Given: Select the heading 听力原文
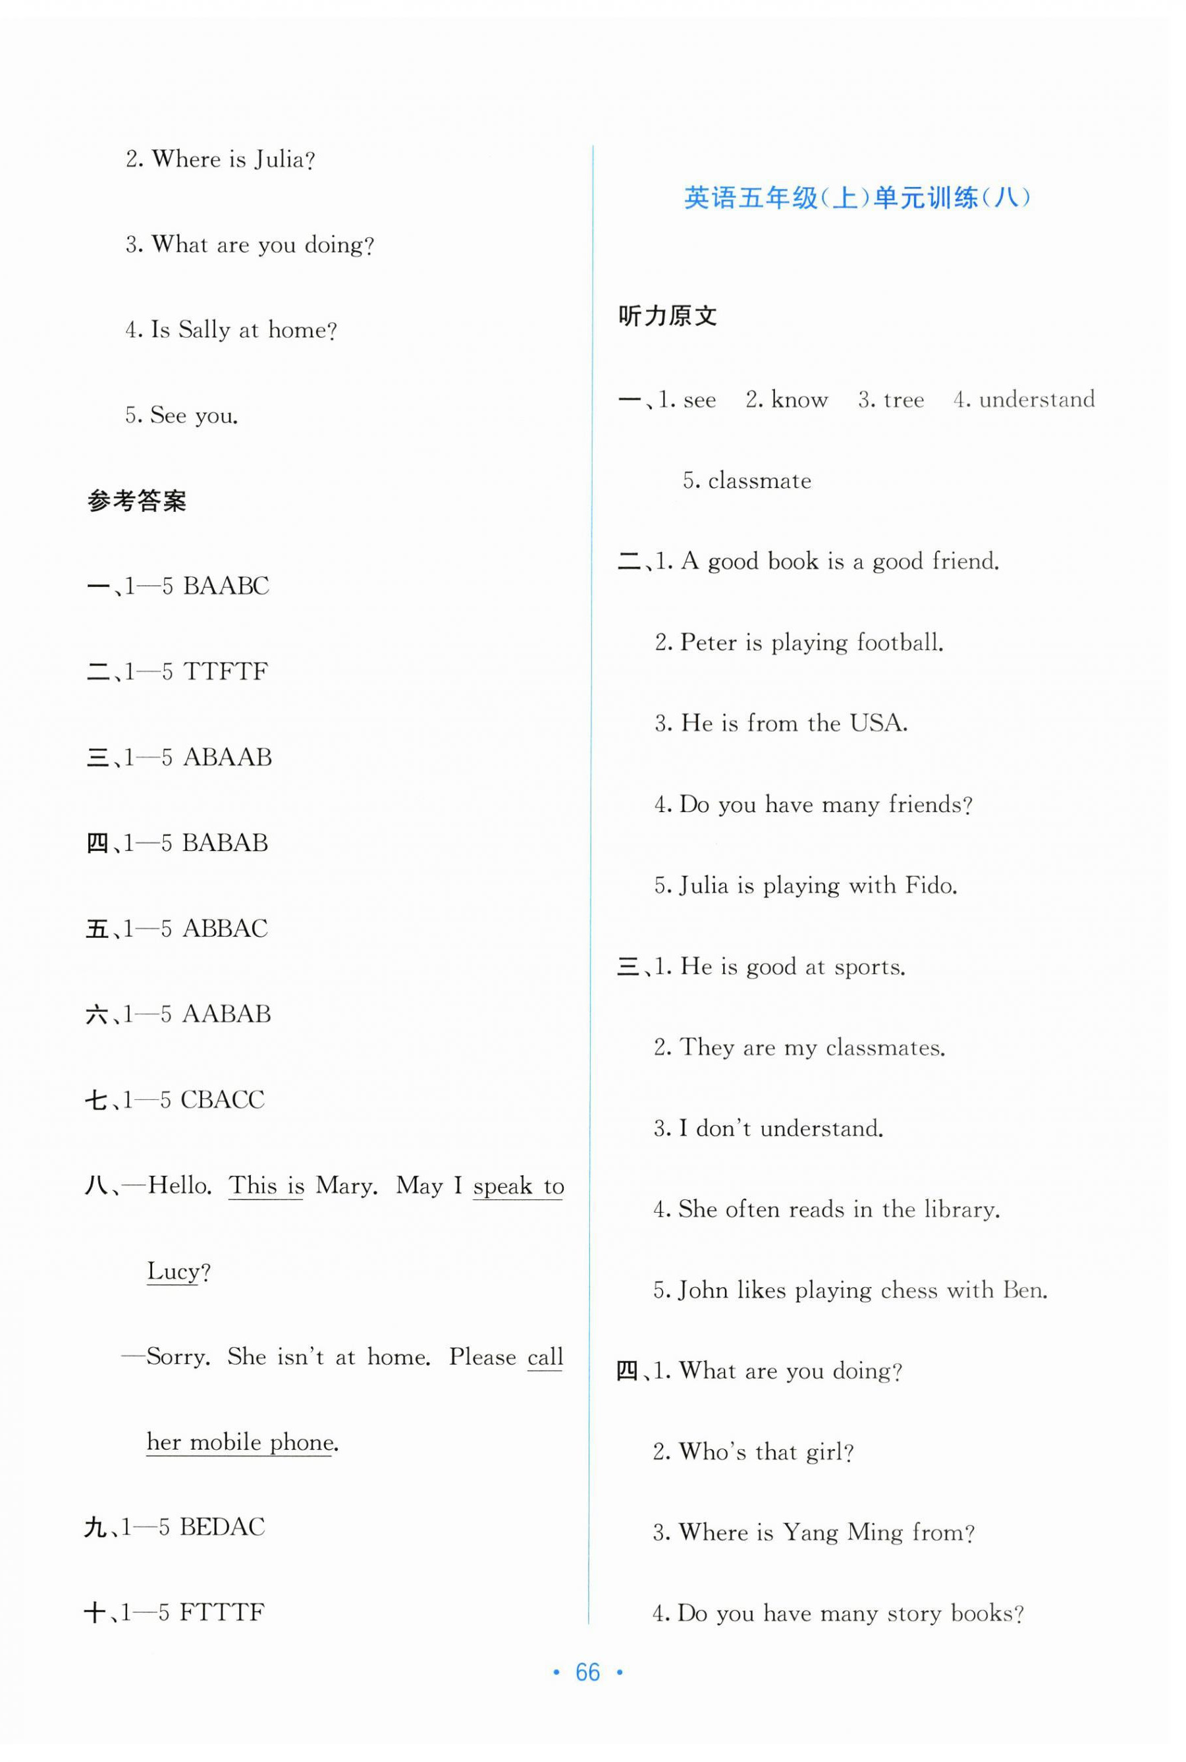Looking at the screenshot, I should [x=667, y=316].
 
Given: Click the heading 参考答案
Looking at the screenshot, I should [x=137, y=501].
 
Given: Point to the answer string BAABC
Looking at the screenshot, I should [x=225, y=586].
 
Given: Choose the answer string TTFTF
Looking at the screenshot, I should [x=225, y=672].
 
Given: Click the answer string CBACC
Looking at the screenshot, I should [x=223, y=1099].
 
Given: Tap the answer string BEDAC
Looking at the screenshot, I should [x=223, y=1527].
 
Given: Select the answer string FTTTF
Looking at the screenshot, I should [x=223, y=1612].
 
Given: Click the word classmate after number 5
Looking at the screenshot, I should [x=759, y=480].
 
